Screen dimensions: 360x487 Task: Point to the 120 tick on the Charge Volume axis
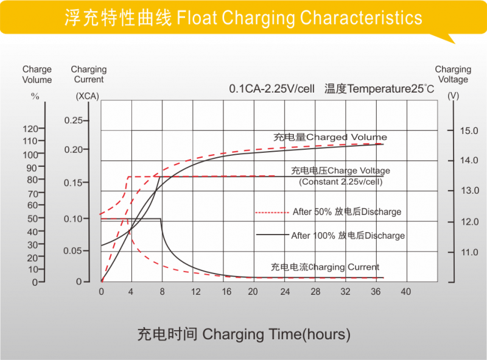[30, 129]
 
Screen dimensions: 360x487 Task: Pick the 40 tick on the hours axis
[405, 291]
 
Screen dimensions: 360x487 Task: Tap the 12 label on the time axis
[195, 291]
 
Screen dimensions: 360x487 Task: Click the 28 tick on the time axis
[315, 291]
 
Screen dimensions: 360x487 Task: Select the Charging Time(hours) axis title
[243, 334]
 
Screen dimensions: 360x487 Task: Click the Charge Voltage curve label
[340, 171]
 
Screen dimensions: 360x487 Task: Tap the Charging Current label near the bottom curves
[325, 267]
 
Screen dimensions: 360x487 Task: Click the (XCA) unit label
[88, 96]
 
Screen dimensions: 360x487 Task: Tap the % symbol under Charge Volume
[35, 96]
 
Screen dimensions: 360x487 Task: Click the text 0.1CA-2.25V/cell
[272, 89]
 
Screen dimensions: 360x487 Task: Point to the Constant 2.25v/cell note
[340, 182]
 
